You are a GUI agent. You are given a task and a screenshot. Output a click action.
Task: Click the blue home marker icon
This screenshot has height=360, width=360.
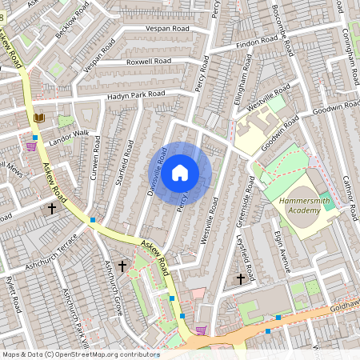[180, 172]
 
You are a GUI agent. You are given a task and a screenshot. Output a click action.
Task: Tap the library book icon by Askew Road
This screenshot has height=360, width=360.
[38, 118]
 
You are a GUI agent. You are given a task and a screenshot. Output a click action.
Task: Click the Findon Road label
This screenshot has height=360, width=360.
[257, 42]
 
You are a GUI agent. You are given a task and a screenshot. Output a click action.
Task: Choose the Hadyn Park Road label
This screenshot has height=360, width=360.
[136, 95]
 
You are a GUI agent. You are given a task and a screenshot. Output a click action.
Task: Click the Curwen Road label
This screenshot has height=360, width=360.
[97, 158]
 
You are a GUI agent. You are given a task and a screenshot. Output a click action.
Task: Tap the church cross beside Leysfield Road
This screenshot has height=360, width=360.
[241, 279]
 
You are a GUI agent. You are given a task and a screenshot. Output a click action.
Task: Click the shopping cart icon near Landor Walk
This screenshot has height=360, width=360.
[32, 146]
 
